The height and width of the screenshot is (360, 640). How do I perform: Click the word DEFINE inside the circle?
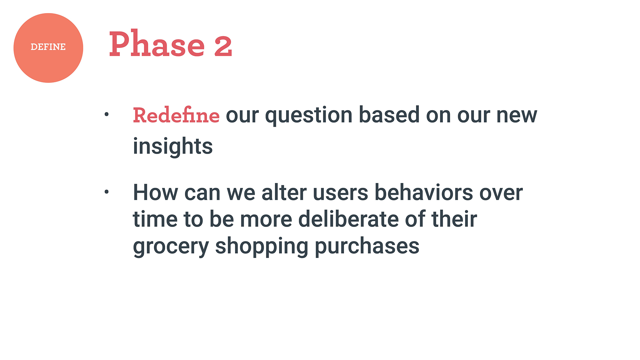pos(48,47)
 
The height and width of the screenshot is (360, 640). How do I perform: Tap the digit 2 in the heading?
pos(223,46)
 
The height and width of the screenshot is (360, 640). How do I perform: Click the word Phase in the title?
pos(157,44)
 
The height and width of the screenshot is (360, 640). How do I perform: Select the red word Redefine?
pos(176,115)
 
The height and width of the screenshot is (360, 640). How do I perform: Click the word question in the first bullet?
pos(309,116)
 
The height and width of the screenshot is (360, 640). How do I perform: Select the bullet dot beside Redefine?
pos(107,114)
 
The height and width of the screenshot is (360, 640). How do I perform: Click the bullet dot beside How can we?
pos(107,192)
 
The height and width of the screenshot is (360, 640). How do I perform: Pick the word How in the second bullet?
pos(156,193)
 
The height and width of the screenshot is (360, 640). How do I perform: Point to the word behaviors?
pos(424,192)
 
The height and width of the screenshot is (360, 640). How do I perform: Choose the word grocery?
pos(171,247)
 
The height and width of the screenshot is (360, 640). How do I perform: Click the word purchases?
pos(367,247)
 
